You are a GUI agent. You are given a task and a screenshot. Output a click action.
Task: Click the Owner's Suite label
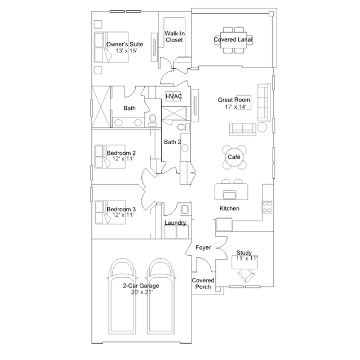125,44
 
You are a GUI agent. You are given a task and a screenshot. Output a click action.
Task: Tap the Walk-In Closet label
175,37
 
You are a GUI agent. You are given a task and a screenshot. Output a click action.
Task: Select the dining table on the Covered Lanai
233,39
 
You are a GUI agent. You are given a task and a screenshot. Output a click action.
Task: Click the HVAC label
173,97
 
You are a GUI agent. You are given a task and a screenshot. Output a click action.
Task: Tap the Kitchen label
229,208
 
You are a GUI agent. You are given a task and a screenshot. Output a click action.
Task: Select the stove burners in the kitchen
268,207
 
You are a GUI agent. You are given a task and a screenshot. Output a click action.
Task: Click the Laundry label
175,223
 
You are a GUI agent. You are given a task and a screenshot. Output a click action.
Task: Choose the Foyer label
203,248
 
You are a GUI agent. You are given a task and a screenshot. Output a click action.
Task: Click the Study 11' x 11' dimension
246,259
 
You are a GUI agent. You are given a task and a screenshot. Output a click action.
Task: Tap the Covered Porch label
203,283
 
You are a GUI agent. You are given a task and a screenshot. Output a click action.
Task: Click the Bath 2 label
172,142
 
